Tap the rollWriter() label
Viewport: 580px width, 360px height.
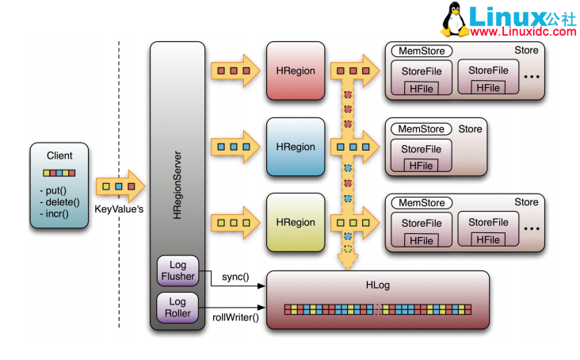(235, 317)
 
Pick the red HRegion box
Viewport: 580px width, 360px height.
(296, 71)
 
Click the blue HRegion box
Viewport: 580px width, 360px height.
(296, 147)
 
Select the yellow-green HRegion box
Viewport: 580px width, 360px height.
(296, 223)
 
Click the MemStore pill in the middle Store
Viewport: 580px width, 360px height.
(420, 128)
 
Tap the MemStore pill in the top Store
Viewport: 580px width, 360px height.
(420, 51)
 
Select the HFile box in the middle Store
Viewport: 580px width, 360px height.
(420, 165)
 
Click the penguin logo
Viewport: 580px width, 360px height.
(453, 20)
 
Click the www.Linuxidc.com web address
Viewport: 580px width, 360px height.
(523, 33)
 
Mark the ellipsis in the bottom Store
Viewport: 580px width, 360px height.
(532, 229)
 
